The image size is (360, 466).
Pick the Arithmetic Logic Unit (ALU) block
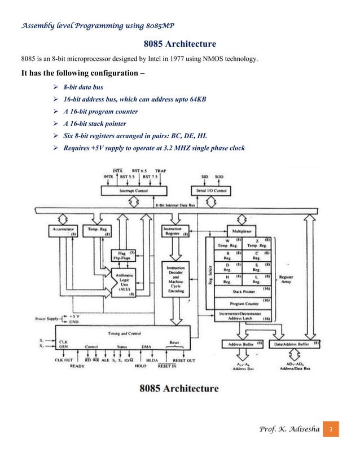[x=127, y=283]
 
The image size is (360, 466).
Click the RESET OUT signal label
[x=184, y=359]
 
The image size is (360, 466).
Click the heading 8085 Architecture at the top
[x=180, y=43]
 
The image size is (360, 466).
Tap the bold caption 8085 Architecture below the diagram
[x=180, y=389]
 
